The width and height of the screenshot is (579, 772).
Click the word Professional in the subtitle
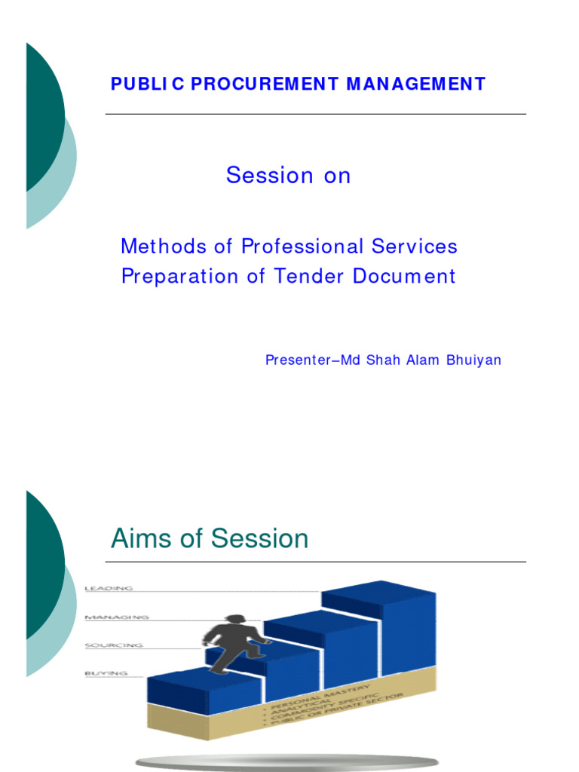[x=302, y=247]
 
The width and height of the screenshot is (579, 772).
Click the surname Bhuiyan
[x=473, y=360]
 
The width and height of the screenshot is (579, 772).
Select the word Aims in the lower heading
[x=136, y=538]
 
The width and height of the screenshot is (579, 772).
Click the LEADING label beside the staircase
[x=109, y=588]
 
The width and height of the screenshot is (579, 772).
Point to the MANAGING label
[x=116, y=617]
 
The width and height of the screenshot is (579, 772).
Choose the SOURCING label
[x=114, y=645]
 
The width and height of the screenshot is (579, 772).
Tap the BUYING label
[x=106, y=673]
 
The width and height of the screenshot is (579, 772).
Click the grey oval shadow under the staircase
[x=290, y=761]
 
